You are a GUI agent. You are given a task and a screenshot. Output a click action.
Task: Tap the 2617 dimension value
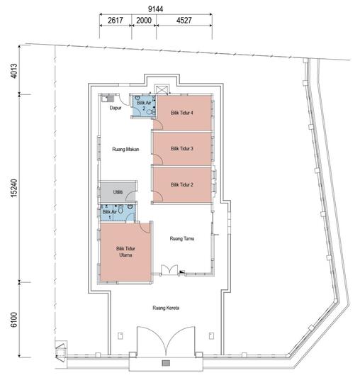116,21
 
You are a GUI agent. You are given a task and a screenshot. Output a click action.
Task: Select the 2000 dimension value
143,21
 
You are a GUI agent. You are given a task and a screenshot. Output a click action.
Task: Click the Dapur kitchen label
115,108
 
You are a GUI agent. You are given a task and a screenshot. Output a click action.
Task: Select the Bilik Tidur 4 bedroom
182,112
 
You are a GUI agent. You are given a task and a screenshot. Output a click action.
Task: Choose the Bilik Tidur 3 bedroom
182,148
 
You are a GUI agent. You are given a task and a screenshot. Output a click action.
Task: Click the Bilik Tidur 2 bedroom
182,184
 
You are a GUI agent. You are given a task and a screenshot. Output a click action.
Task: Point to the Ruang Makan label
125,149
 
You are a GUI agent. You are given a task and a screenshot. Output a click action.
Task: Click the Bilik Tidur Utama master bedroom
126,252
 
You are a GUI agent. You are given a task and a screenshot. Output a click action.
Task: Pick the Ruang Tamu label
183,239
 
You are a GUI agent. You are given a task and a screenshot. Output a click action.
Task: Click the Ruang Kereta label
164,308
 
